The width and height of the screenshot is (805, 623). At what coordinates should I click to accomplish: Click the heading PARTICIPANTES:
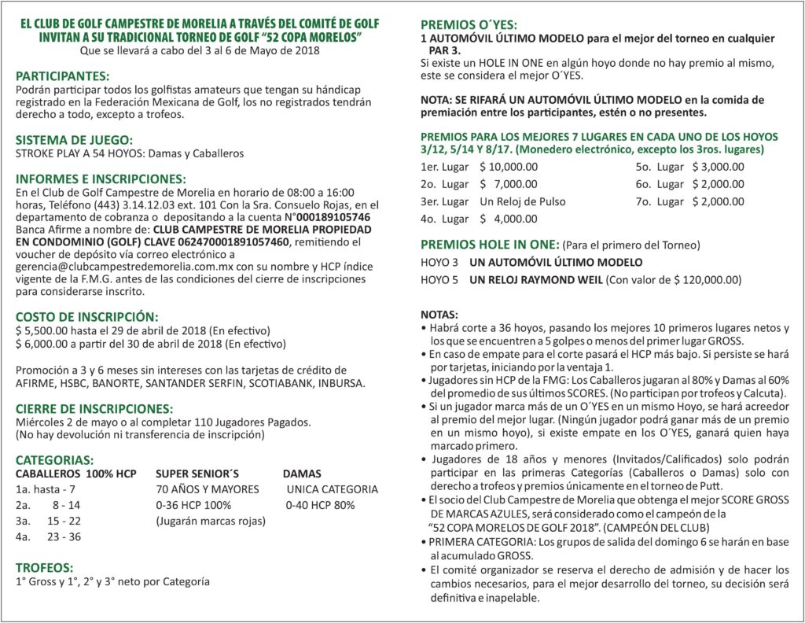tap(63, 76)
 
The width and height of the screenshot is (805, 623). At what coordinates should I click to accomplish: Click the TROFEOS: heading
tap(45, 567)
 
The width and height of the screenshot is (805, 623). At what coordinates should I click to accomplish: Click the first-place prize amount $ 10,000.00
tap(509, 167)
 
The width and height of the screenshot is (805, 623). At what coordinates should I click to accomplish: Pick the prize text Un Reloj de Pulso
tap(522, 201)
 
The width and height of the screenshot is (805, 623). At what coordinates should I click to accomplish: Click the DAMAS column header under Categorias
tap(302, 474)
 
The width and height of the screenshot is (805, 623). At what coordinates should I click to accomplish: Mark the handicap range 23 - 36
tap(64, 536)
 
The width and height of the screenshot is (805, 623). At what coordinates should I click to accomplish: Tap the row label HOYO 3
tap(439, 262)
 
